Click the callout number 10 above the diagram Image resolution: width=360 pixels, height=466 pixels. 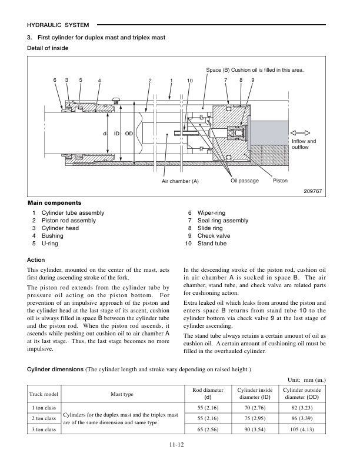click(x=189, y=80)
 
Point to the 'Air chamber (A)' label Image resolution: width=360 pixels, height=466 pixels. click(x=180, y=181)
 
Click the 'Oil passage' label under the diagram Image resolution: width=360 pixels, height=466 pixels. click(x=245, y=180)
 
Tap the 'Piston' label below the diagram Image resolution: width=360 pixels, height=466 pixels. click(x=281, y=180)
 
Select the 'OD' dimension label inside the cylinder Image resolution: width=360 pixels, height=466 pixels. click(x=129, y=134)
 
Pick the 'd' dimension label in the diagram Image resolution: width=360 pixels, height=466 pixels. click(x=105, y=134)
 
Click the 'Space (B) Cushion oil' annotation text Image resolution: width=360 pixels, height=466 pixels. click(x=255, y=70)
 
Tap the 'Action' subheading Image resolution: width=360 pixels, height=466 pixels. click(x=37, y=259)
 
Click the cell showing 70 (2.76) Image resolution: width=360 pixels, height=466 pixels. click(x=253, y=407)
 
